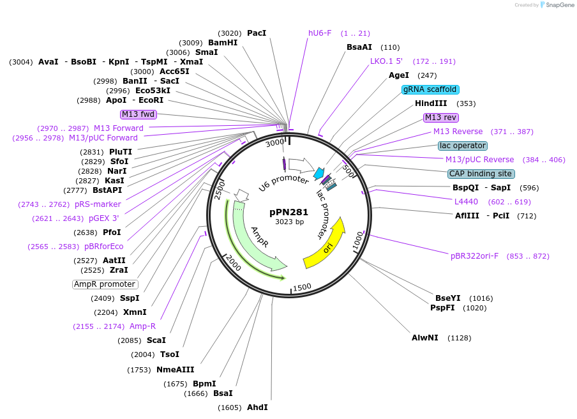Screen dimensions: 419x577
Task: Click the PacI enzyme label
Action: [256, 33]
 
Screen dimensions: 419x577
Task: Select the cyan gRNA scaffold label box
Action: [430, 89]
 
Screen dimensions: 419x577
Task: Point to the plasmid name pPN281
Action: [288, 212]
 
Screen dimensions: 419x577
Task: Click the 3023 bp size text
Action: [288, 222]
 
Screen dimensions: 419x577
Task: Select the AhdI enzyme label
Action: [257, 408]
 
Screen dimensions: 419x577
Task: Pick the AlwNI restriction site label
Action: [424, 338]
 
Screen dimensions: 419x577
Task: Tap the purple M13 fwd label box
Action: [139, 114]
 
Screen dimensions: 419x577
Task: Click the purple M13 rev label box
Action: [441, 118]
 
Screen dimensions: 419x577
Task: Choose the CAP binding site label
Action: [481, 174]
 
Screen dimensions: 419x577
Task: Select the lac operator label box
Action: [463, 146]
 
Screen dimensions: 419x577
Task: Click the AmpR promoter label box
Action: [105, 284]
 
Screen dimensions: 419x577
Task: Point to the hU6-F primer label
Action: [320, 33]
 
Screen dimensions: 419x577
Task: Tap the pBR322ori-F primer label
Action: [474, 256]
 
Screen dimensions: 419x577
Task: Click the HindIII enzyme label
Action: [431, 103]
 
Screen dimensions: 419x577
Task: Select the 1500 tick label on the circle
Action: [302, 287]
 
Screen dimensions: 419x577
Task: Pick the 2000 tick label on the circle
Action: [233, 262]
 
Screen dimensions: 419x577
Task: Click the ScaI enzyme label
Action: [156, 340]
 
